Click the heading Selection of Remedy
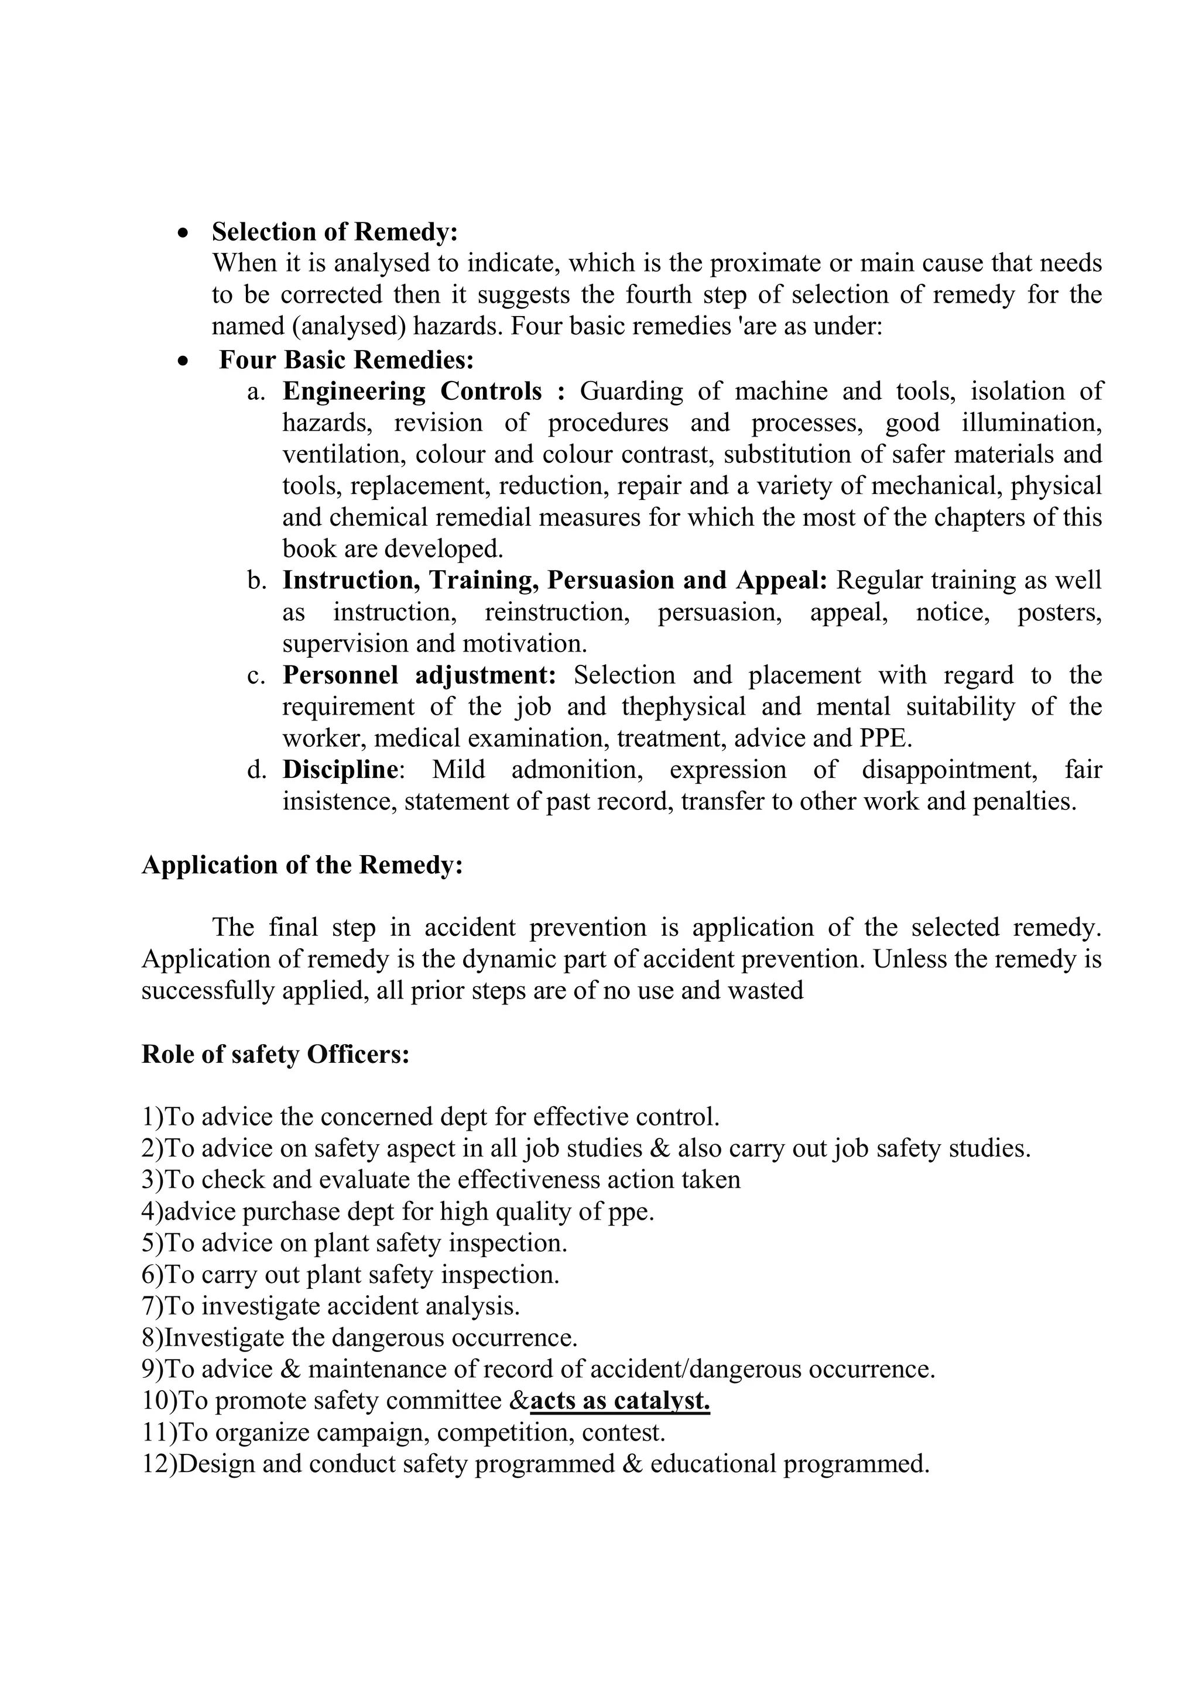(334, 232)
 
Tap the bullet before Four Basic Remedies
(183, 362)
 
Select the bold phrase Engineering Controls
(424, 392)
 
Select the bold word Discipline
(340, 770)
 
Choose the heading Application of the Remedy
(302, 864)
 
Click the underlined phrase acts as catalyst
(619, 1401)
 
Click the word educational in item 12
(712, 1464)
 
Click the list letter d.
(256, 771)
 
